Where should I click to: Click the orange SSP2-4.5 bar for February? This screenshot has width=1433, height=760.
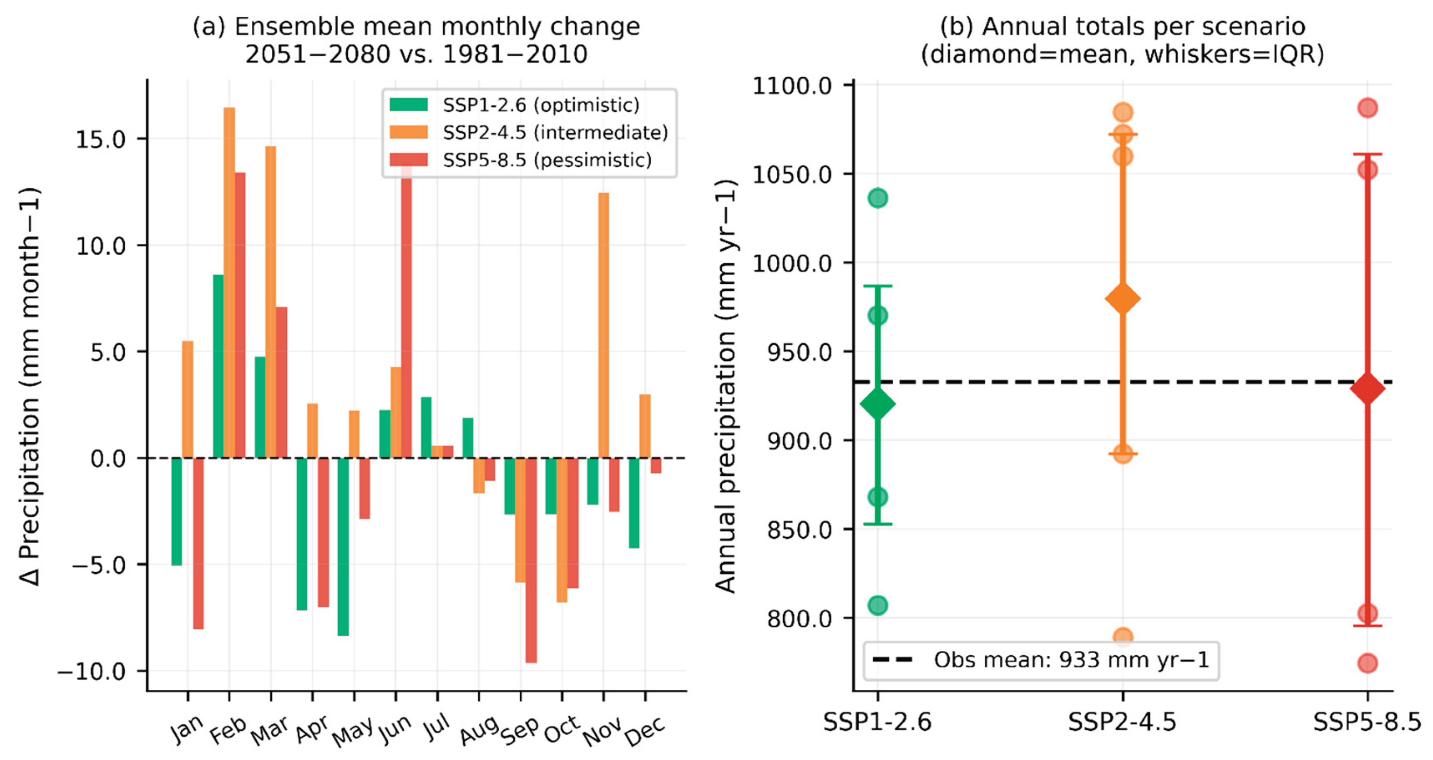click(229, 282)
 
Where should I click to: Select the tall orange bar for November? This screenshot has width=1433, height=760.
click(604, 325)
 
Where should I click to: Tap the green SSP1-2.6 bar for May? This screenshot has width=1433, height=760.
click(343, 546)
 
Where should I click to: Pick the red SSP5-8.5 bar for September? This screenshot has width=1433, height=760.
click(531, 561)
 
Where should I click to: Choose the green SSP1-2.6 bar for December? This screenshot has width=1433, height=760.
click(634, 503)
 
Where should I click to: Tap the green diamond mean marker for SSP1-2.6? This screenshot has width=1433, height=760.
click(877, 404)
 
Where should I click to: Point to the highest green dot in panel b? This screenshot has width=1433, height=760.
click(877, 198)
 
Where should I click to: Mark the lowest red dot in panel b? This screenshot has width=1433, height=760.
click(1367, 663)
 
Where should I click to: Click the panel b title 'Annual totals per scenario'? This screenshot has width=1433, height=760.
click(1122, 26)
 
